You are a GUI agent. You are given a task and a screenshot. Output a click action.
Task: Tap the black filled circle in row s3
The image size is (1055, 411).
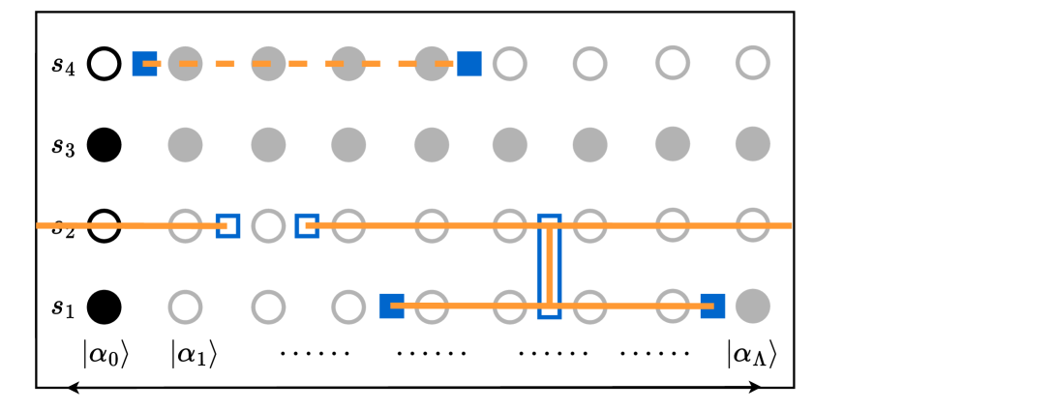point(105,146)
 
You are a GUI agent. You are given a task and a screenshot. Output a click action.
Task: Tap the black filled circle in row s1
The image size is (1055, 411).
point(105,308)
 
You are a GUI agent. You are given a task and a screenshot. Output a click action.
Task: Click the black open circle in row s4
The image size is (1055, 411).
point(105,64)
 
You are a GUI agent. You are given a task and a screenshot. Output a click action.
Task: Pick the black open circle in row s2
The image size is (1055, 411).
point(105,226)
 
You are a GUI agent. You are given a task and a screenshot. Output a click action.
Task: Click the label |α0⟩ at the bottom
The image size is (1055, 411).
point(105,355)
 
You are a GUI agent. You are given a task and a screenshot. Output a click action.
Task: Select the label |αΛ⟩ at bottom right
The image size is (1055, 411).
point(752,355)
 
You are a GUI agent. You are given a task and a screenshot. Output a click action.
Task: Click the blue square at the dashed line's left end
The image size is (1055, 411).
point(144,64)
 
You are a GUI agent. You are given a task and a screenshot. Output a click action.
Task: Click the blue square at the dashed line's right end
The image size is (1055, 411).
point(469,64)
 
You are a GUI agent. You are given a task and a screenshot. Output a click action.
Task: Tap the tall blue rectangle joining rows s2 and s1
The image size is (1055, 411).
point(549,266)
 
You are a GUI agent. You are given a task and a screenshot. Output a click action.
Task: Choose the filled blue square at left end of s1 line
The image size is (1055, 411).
point(391,306)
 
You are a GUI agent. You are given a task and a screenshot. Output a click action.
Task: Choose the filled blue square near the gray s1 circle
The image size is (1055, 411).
point(712,306)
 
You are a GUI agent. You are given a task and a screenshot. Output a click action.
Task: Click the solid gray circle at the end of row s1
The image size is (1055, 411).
point(752,308)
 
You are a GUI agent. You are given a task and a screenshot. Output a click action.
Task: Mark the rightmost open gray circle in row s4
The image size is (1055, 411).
point(752,64)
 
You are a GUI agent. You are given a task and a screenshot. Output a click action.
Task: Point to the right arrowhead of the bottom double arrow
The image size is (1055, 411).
point(758,388)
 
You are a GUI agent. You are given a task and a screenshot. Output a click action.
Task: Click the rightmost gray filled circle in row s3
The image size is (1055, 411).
point(752,146)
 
